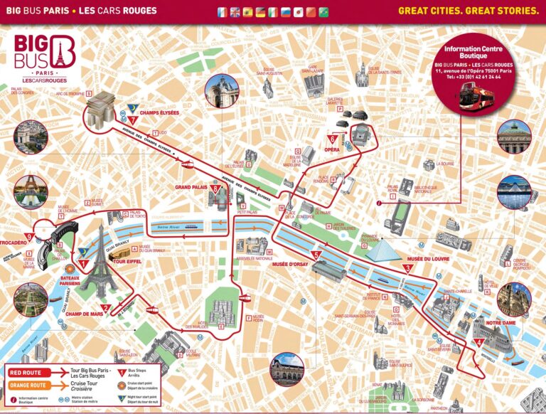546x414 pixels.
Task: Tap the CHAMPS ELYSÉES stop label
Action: point(160,112)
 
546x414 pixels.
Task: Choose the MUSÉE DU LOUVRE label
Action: point(426,258)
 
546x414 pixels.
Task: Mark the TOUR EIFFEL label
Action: point(129,262)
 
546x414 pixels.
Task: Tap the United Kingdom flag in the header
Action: point(235,12)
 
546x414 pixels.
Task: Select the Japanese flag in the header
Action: point(298,12)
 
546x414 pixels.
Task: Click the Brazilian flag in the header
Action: point(323,12)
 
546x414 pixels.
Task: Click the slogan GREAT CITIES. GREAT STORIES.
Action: point(468,11)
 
